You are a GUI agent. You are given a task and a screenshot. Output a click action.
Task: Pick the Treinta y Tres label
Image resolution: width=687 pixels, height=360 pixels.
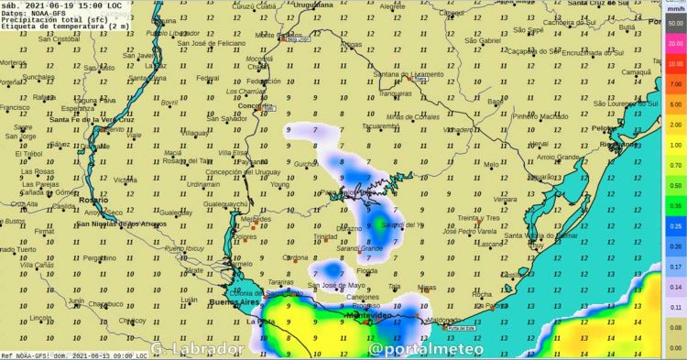[482, 218]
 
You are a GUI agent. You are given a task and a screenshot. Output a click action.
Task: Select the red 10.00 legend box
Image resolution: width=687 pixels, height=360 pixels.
[676, 64]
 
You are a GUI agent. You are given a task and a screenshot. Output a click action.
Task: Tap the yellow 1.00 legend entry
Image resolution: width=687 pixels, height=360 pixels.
[676, 144]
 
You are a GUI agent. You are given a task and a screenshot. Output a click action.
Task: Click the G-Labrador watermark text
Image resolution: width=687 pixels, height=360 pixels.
[197, 349]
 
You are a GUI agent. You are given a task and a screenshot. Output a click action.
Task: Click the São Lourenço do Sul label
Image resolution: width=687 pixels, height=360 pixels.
[624, 104]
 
